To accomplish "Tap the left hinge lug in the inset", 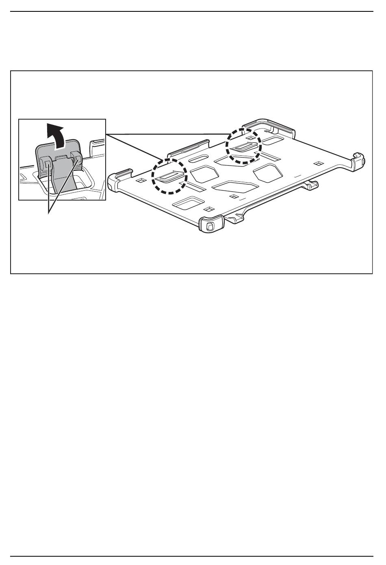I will coord(47,164).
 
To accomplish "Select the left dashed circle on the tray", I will coord(169,176).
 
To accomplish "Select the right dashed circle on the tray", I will coord(243,146).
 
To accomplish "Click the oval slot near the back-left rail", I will coord(199,158).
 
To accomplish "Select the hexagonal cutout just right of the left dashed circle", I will coord(204,174).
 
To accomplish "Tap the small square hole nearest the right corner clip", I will coord(319,164).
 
